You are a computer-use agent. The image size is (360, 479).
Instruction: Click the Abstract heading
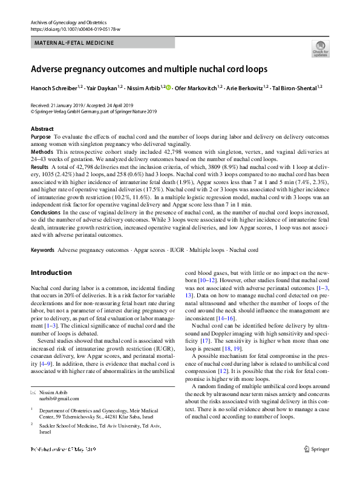[x=42, y=129]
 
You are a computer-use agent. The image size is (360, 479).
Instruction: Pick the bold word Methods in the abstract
[x=41, y=151]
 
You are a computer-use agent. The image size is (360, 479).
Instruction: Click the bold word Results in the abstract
[x=39, y=165]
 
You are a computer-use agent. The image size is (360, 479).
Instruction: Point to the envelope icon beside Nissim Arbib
[x=33, y=393]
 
